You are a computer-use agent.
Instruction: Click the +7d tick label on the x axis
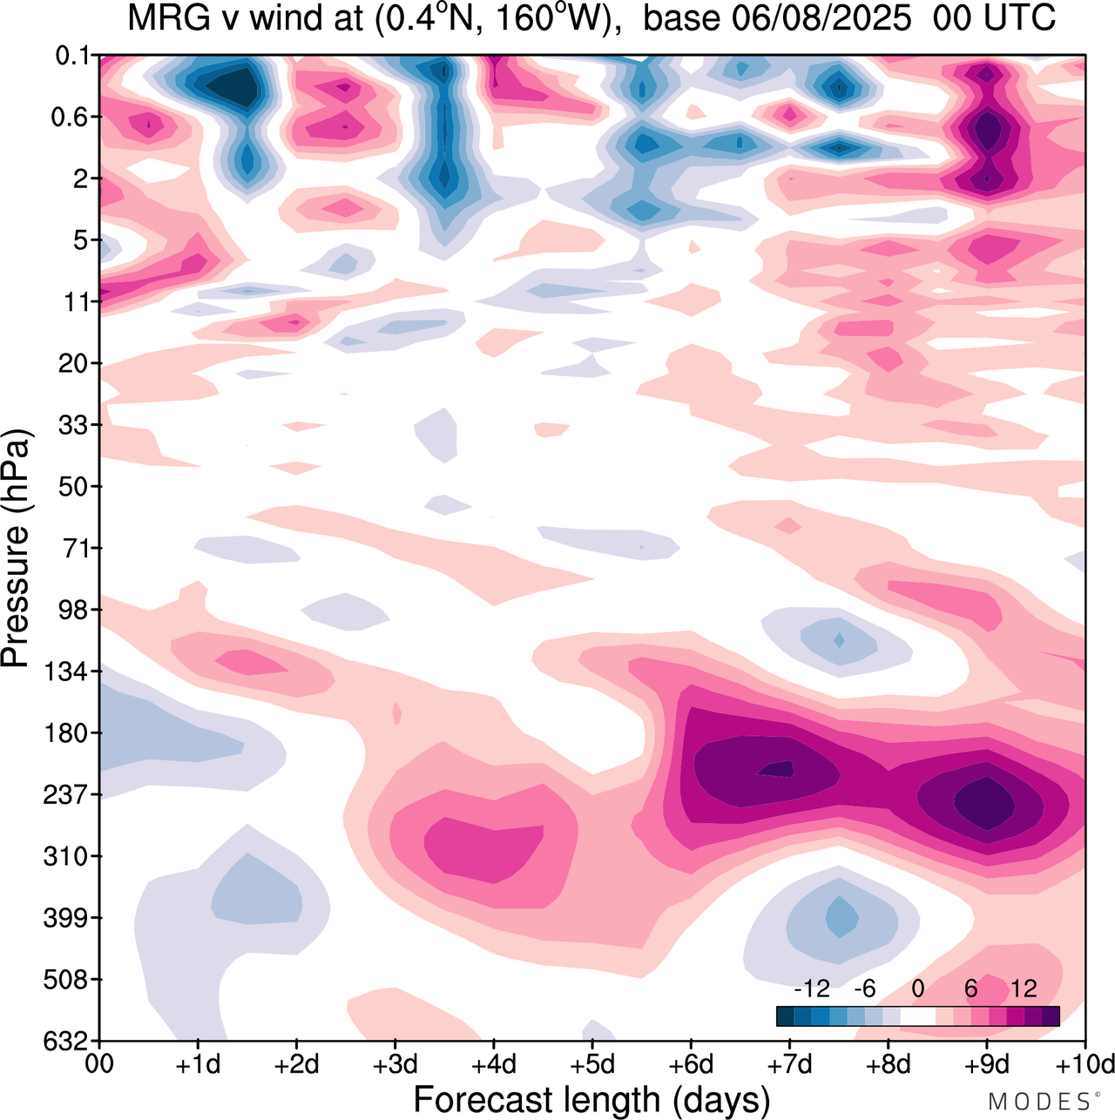click(x=789, y=1065)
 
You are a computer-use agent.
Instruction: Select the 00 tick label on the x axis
click(x=100, y=1065)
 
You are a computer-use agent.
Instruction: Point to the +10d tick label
click(x=1084, y=1065)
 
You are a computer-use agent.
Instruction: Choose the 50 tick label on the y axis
click(x=74, y=487)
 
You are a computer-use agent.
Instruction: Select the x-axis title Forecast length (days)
click(x=591, y=1100)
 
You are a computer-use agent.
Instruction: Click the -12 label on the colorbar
click(x=812, y=988)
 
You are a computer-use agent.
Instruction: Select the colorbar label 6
click(x=971, y=988)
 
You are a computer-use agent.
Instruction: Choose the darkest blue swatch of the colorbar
click(x=785, y=1015)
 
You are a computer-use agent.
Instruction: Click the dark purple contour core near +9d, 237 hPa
click(x=985, y=803)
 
